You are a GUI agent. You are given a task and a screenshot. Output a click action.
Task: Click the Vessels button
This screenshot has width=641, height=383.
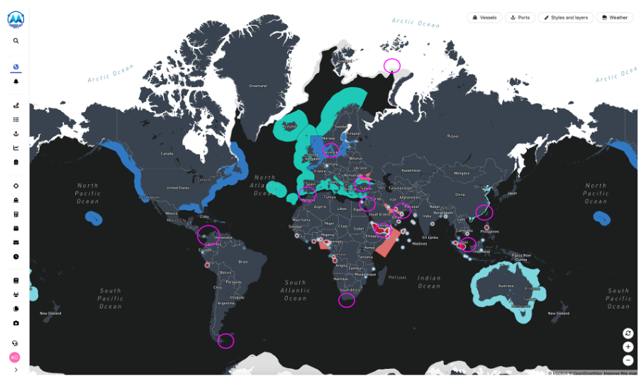[484, 17]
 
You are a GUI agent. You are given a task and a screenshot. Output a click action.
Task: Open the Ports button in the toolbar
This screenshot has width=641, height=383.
[520, 17]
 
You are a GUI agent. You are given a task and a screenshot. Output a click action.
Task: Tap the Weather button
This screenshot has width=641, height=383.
[615, 17]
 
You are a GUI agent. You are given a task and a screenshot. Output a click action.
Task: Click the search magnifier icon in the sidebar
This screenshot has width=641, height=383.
[16, 41]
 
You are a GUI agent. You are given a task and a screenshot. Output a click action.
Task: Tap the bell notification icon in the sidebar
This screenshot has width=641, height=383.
[16, 82]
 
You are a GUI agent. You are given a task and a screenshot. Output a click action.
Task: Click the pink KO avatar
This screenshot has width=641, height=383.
[15, 357]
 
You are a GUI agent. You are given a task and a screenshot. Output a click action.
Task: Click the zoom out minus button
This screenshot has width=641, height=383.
[628, 360]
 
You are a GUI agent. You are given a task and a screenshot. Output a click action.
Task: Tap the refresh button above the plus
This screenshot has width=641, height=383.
[628, 333]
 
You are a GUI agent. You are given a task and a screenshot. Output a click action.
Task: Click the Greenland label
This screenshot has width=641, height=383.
[257, 86]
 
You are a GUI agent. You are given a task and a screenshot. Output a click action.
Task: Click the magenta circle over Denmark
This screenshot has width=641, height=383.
[331, 150]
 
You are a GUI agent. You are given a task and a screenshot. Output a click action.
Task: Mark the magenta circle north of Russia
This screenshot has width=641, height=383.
[392, 66]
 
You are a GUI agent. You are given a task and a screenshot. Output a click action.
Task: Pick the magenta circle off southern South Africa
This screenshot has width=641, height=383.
[347, 300]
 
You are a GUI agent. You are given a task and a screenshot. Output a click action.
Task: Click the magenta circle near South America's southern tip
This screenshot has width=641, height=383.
[225, 340]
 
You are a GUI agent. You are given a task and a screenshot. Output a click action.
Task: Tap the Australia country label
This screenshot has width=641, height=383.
[505, 286]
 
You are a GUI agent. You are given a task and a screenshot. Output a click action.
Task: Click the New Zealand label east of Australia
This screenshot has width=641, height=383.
[557, 313]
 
